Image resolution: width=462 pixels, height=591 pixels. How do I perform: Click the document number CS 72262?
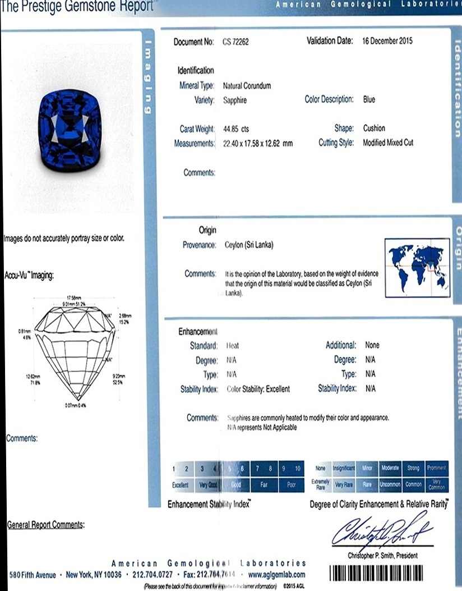point(235,42)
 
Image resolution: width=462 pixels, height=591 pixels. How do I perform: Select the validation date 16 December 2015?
point(387,41)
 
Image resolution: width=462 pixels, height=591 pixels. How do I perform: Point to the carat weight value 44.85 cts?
point(236,129)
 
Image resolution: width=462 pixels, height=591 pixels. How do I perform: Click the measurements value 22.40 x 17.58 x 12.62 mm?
point(258,144)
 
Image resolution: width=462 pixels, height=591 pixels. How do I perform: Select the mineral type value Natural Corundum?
point(247,86)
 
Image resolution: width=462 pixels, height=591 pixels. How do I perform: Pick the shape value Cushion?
point(374,128)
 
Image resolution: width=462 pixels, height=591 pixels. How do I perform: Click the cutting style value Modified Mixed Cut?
point(388,143)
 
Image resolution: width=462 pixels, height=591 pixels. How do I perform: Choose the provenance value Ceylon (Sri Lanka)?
point(248,245)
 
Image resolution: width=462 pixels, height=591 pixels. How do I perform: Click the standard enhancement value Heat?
point(232,346)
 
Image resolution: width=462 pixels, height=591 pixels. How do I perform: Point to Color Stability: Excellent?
point(258,388)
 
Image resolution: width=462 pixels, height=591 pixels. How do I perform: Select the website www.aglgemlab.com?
point(276,575)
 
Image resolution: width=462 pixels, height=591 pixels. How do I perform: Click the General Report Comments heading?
point(45,525)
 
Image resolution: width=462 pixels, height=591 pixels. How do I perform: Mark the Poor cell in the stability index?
point(291,484)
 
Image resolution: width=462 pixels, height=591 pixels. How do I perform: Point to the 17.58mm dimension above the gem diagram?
point(74,297)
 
